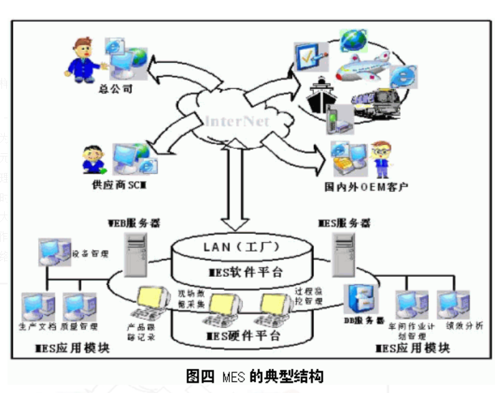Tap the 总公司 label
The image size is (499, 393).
tap(113, 88)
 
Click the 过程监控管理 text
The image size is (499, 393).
tap(307, 295)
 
